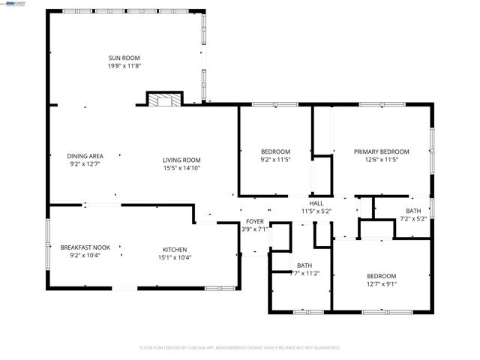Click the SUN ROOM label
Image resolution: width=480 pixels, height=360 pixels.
click(124, 58)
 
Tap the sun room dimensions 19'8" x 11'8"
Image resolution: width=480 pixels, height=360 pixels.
click(124, 66)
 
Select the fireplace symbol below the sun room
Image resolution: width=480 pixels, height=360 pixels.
click(163, 100)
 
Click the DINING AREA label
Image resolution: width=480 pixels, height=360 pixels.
click(85, 156)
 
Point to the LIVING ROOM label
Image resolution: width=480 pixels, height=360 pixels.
click(182, 159)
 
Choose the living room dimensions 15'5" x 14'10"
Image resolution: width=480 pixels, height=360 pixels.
click(182, 167)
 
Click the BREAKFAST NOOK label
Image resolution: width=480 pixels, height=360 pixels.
click(85, 247)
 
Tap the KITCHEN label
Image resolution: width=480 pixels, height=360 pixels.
click(175, 250)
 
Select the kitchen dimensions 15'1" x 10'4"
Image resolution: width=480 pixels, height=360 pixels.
click(175, 258)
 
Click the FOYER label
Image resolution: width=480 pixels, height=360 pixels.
click(255, 221)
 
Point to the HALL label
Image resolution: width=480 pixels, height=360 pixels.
click(316, 203)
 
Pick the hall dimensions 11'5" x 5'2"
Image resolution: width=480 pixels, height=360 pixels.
click(316, 211)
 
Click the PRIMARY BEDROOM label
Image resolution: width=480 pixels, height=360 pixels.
click(381, 151)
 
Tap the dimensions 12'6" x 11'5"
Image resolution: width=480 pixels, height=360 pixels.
click(381, 160)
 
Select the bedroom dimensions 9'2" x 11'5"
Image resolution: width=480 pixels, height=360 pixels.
click(275, 160)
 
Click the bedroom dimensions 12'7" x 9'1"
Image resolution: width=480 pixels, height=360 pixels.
click(381, 283)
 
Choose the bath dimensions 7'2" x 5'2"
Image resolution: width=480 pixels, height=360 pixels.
click(413, 219)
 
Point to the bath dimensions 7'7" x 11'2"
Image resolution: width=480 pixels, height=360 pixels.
click(304, 274)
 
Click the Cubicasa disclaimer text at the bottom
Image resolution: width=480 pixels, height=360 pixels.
click(240, 348)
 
